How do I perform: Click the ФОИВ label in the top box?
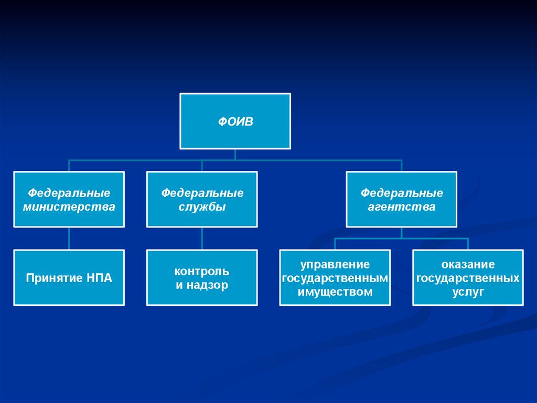point(235,122)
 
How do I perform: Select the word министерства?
point(69,207)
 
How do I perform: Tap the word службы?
point(202,207)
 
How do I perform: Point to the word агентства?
point(401,207)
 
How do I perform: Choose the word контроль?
point(202,271)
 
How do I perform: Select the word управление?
point(335,264)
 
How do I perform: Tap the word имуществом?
point(335,292)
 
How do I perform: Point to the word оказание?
point(468,264)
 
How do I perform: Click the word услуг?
point(468,292)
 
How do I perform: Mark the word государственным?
point(335,278)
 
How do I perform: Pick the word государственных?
point(468,278)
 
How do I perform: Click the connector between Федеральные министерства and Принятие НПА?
point(69,239)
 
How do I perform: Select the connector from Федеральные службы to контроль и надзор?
point(202,239)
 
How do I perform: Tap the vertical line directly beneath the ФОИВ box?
point(235,154)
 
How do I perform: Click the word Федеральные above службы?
point(202,193)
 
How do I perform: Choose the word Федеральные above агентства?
point(401,193)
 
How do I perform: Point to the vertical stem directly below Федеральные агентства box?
point(401,233)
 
